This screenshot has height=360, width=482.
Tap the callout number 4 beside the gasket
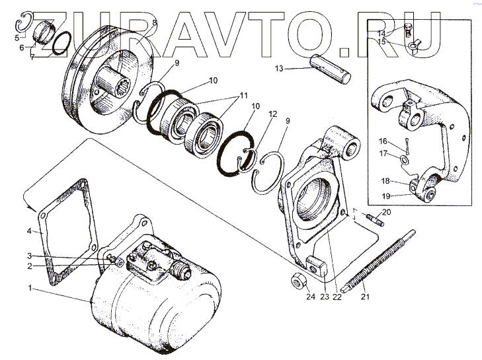[29, 231]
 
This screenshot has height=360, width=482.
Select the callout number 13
[278, 68]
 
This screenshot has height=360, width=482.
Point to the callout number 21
[364, 297]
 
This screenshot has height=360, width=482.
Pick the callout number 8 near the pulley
[154, 22]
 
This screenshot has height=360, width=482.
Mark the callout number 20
[387, 212]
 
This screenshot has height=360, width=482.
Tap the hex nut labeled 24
[299, 283]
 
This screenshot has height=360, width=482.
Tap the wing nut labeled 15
[414, 45]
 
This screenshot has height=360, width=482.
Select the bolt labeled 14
[407, 28]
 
